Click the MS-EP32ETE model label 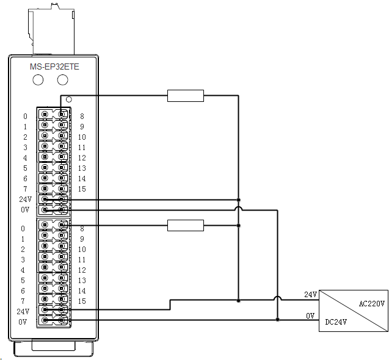(x=54, y=67)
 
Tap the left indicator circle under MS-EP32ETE (x=38, y=80)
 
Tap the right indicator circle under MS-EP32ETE (x=62, y=80)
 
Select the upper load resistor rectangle (x=186, y=96)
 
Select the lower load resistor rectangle (x=186, y=225)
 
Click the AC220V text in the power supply (x=372, y=303)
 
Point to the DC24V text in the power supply (x=336, y=322)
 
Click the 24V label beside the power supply (x=310, y=294)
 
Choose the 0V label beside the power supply (x=310, y=315)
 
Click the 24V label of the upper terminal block (x=25, y=199)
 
